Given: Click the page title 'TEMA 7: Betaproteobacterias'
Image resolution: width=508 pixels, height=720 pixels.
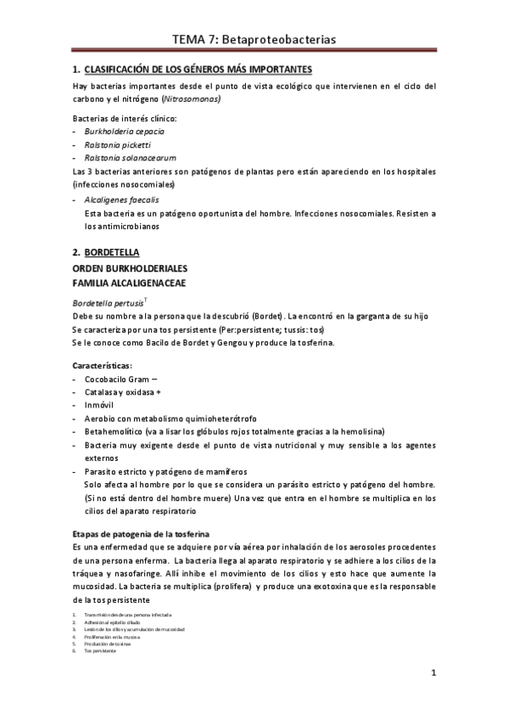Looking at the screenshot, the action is tap(254, 39).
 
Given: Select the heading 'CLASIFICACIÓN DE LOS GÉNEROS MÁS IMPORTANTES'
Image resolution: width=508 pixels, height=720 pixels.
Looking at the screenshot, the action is tap(198, 69).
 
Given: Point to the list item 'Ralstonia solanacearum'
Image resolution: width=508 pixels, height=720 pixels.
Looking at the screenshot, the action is tap(130, 158).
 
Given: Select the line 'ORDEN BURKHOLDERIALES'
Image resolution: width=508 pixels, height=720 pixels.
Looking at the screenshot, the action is tap(130, 268).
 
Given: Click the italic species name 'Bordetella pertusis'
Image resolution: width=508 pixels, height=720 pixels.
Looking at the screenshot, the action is tap(108, 302).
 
